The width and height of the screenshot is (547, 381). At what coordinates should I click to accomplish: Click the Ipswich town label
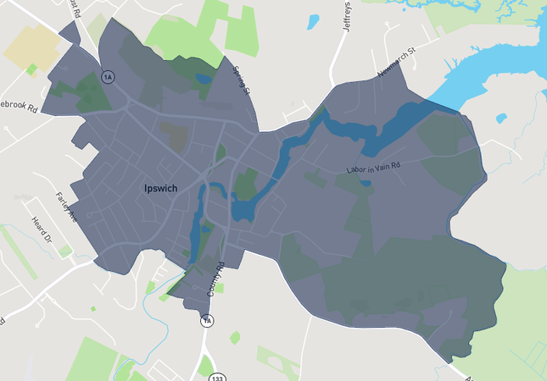click(160, 188)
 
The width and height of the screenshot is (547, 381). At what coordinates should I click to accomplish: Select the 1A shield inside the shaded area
click(107, 77)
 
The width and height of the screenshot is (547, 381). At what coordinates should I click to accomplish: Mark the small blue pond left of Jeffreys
click(314, 21)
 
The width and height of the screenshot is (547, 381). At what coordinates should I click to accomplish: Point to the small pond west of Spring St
click(203, 79)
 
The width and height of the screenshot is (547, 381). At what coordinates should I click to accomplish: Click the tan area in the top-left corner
click(30, 47)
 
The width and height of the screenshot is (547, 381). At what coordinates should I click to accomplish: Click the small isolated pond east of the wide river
click(501, 118)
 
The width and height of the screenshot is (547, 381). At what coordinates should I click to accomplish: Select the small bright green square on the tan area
click(32, 69)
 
